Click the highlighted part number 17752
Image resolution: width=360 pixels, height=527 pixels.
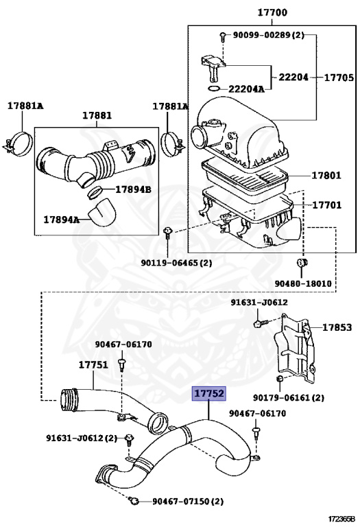click(x=208, y=394)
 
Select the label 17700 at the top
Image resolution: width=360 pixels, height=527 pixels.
click(x=272, y=13)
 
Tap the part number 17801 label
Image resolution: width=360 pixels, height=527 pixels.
click(x=326, y=175)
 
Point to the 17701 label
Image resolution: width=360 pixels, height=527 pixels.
click(x=327, y=204)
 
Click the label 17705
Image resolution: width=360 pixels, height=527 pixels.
click(x=339, y=78)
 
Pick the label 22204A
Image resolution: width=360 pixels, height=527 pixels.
click(x=246, y=89)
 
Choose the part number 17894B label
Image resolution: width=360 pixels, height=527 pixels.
click(x=133, y=189)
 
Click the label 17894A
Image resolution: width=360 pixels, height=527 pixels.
click(x=62, y=220)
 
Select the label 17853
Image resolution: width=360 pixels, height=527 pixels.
click(x=337, y=327)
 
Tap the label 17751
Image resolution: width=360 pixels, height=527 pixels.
click(x=93, y=364)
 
